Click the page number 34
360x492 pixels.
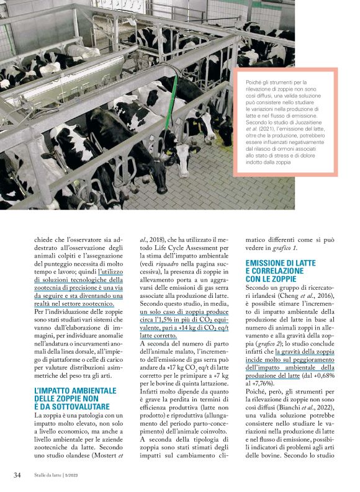tap(17, 475)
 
